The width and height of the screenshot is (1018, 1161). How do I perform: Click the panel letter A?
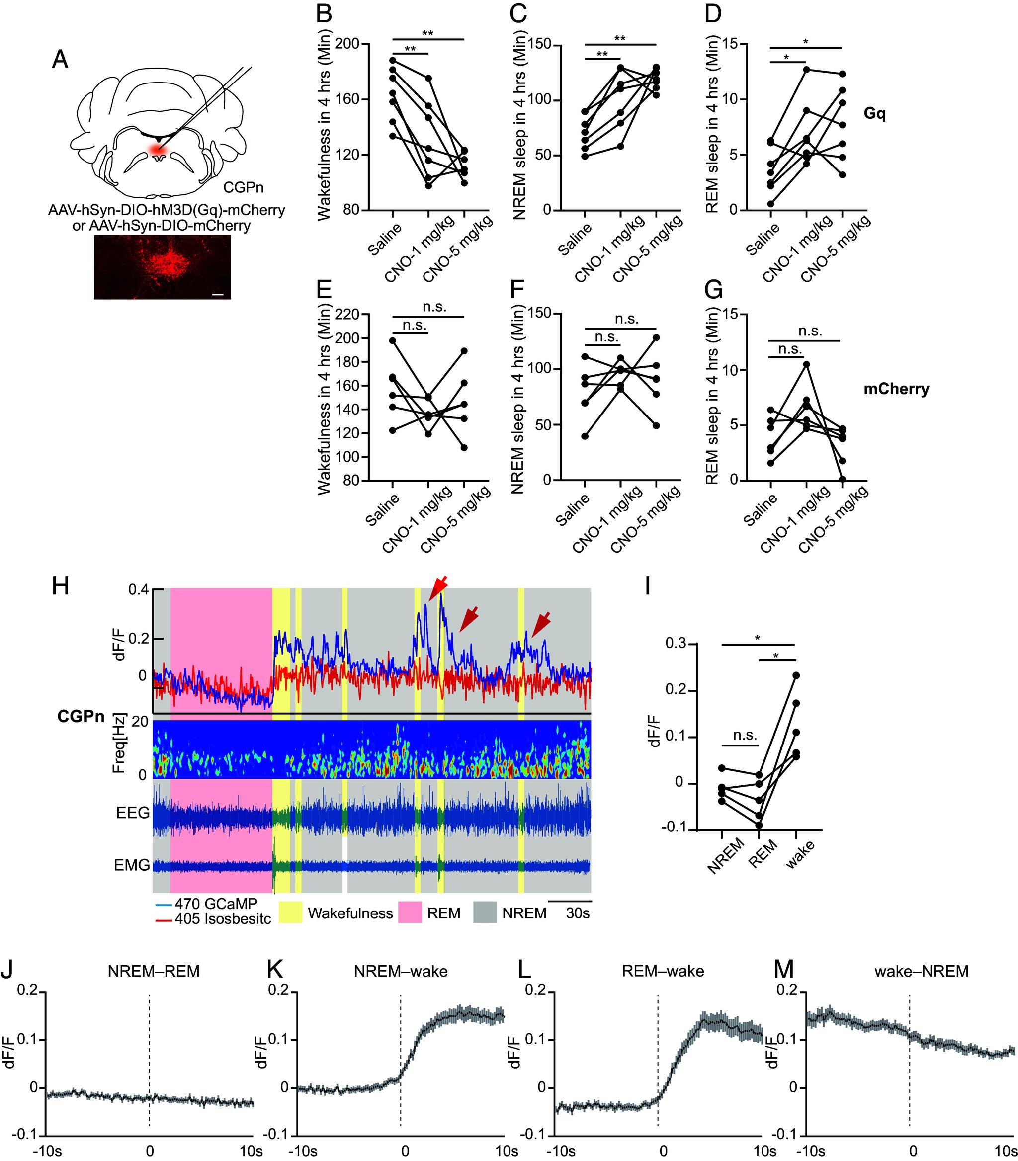point(60,59)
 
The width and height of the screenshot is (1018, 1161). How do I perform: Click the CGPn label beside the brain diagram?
point(243,187)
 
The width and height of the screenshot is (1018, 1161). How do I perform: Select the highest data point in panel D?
point(806,69)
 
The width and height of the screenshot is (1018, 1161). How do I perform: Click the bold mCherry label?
point(896,389)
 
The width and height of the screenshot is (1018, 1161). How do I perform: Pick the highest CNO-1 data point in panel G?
point(806,364)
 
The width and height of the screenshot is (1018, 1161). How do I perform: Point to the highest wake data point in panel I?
point(796,675)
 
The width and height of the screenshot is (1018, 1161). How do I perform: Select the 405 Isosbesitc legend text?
point(223,918)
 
